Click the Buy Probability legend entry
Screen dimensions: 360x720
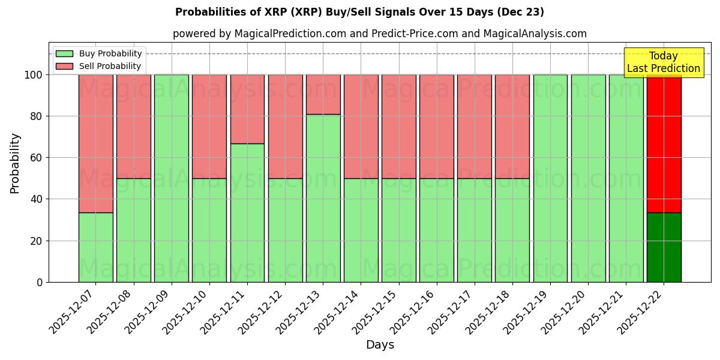pos(98,53)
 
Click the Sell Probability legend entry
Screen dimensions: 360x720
pos(98,66)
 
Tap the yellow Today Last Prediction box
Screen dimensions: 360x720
pos(664,62)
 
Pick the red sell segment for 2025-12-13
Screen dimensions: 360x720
pos(323,94)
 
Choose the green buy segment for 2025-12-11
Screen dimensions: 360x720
pos(247,212)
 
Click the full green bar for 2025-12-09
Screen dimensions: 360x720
pos(172,178)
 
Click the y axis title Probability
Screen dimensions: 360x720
pos(15,163)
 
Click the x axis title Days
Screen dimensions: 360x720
pos(380,345)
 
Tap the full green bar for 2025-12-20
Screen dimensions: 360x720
pos(588,178)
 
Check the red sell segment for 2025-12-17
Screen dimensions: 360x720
pos(474,127)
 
